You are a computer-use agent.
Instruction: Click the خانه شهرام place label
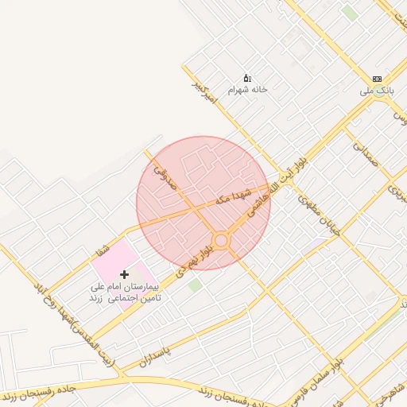[x=247, y=90]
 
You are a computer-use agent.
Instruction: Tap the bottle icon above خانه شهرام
[x=246, y=78]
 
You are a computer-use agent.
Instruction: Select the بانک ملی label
[x=377, y=91]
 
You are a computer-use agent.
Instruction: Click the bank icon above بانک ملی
[x=377, y=79]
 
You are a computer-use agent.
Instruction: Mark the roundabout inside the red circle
[x=221, y=240]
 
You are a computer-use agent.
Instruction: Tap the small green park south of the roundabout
[x=195, y=285]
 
